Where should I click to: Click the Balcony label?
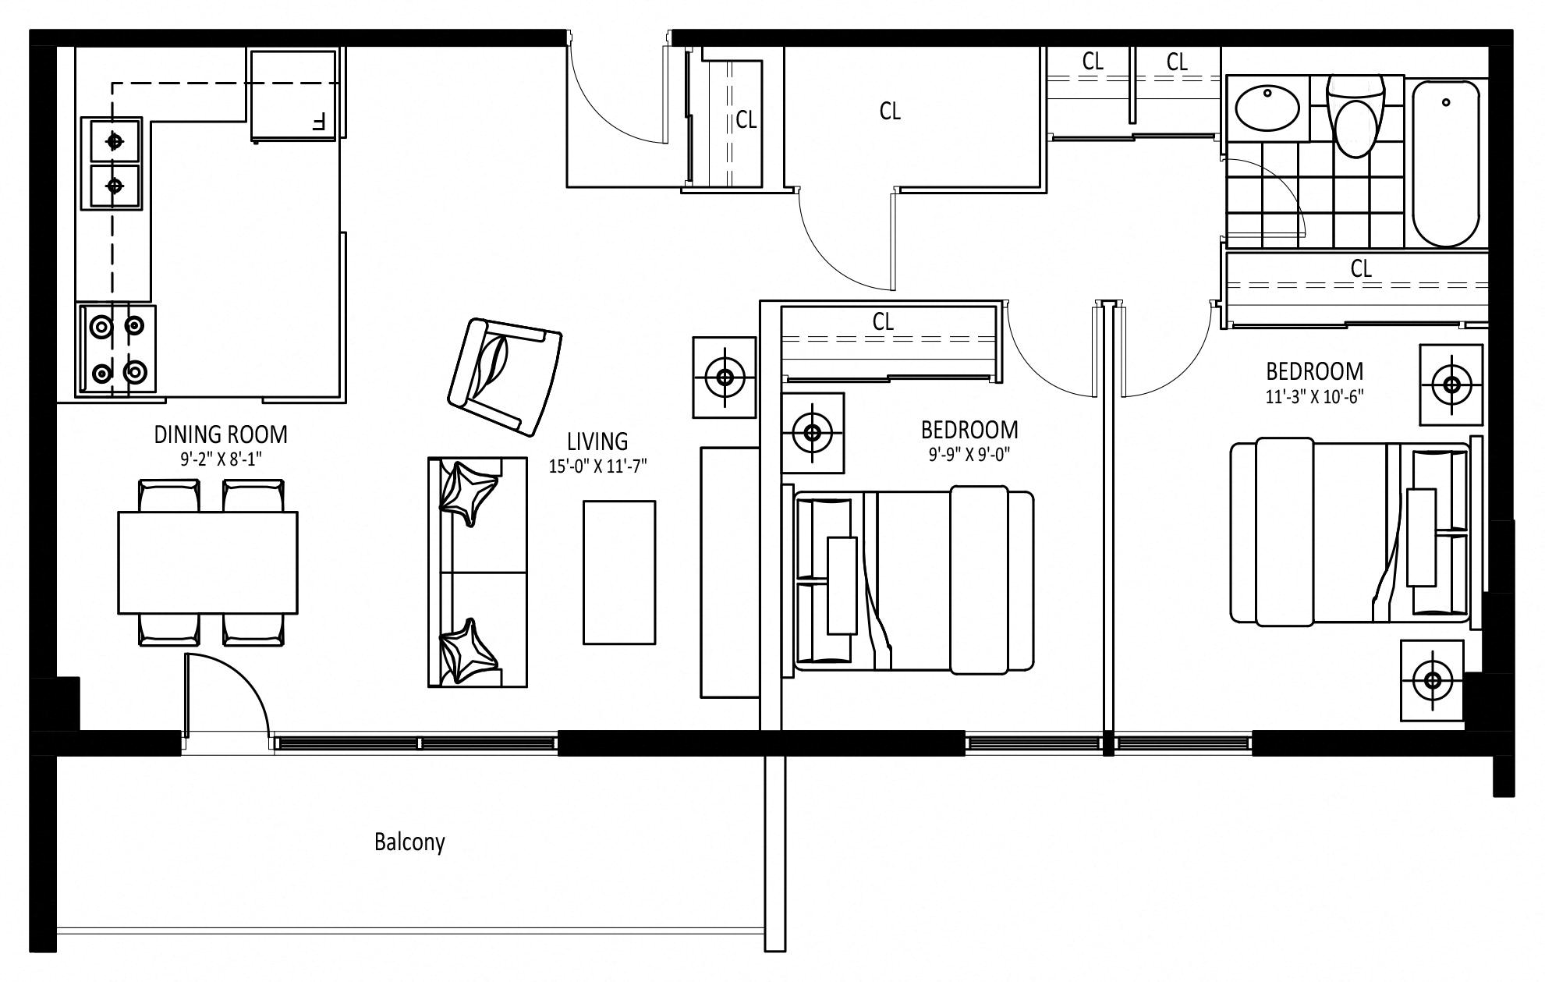(409, 842)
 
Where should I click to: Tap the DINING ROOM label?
(221, 434)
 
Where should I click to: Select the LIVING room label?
(597, 441)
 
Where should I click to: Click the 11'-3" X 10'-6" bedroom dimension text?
(1314, 397)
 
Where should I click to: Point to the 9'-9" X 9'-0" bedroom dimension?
(969, 455)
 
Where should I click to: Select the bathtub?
(1446, 162)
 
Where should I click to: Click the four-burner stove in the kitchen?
(116, 349)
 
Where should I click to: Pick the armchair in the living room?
(505, 377)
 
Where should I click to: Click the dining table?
(207, 562)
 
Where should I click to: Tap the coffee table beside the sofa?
(619, 573)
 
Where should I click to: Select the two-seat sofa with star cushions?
(477, 572)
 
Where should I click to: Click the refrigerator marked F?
(294, 95)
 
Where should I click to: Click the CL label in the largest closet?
(890, 112)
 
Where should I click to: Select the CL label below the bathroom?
(1361, 268)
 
